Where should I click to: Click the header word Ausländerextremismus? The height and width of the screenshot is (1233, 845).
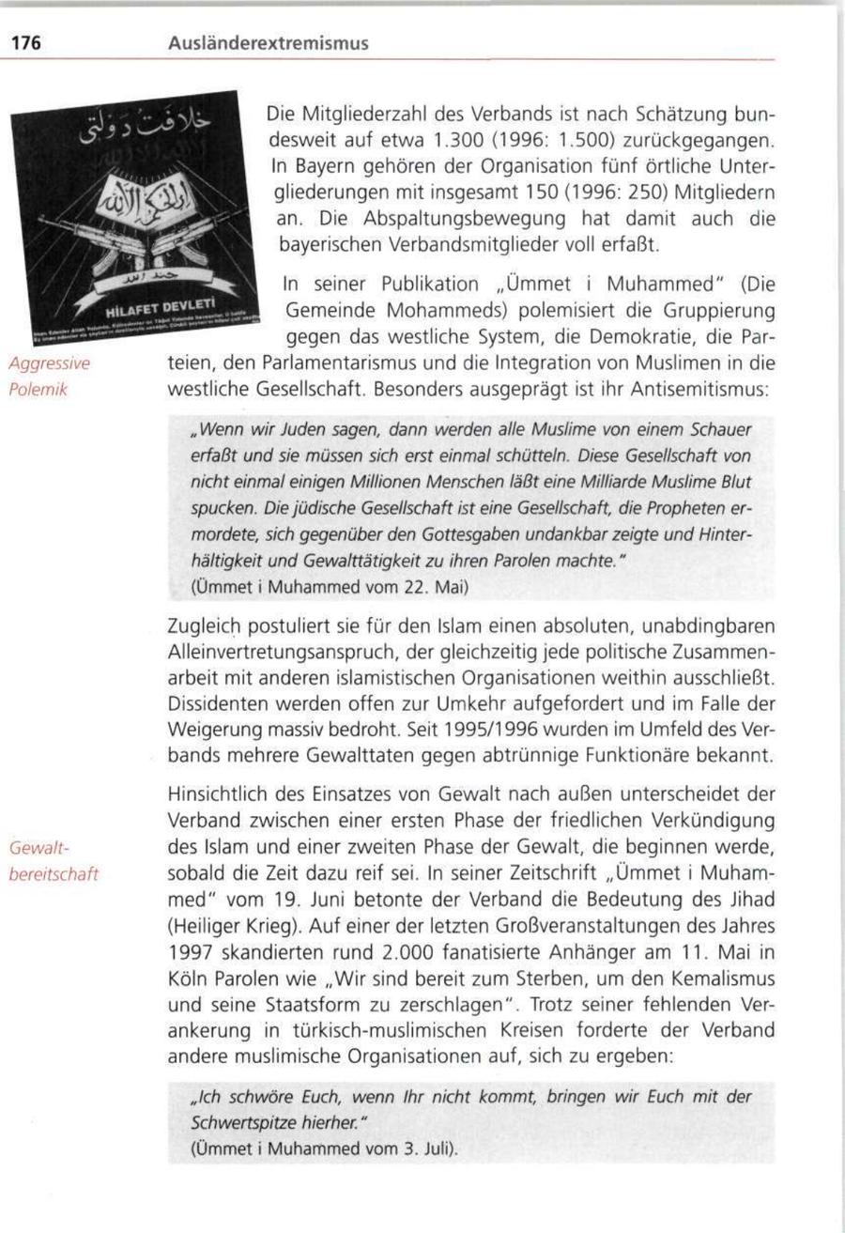pos(268,43)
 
